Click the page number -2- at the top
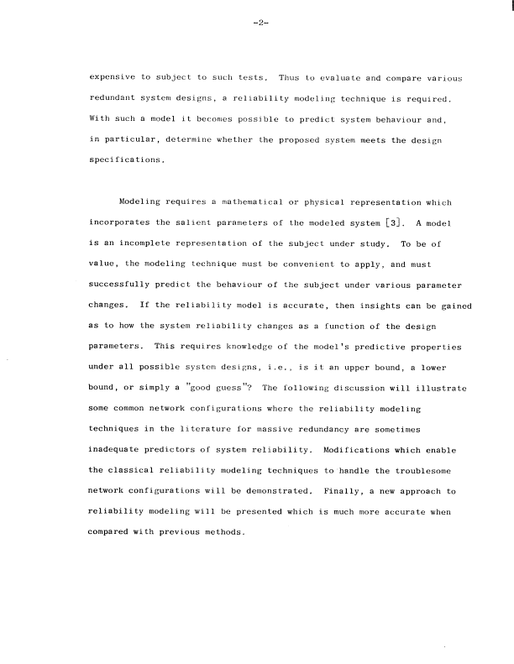click(x=258, y=23)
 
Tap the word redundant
click(x=114, y=97)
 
